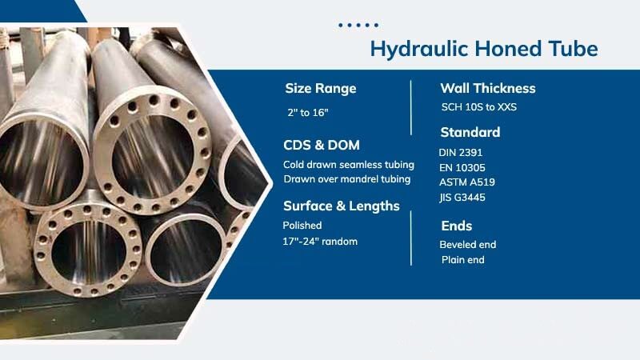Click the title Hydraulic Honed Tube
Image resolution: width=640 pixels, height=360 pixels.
[x=483, y=49]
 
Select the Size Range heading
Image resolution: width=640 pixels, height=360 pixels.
[x=320, y=88]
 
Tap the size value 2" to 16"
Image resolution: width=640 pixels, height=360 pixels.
[x=307, y=111]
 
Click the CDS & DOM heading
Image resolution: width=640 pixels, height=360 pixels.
[x=322, y=145]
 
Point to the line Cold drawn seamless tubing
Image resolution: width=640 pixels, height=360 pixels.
[x=349, y=165]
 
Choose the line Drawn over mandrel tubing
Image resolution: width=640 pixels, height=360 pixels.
[x=347, y=178]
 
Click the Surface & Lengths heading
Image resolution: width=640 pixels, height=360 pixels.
[x=342, y=206]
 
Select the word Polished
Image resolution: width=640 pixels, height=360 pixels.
[x=302, y=226]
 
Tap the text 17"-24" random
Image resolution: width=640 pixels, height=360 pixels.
[x=320, y=242]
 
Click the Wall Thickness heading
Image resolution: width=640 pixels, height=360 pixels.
[x=488, y=88]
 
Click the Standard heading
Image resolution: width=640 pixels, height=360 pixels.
[x=470, y=132]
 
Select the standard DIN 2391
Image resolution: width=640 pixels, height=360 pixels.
[x=461, y=152]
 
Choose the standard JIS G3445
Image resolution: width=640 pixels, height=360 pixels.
[x=462, y=198]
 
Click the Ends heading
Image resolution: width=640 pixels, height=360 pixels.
[x=457, y=226]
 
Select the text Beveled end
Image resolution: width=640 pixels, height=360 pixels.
[x=468, y=245]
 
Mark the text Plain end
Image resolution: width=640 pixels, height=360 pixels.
[x=463, y=260]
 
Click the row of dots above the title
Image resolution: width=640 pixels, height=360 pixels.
[x=358, y=25]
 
